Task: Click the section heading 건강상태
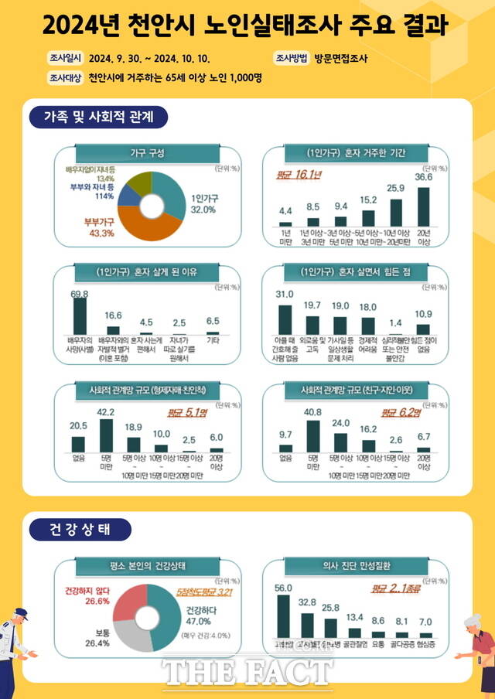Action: coord(81,530)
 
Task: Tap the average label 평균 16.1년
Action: coord(299,175)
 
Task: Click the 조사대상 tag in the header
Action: coord(66,77)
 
